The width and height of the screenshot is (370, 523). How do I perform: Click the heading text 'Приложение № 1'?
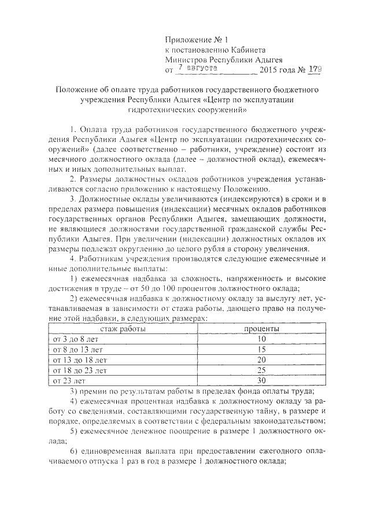[x=197, y=40]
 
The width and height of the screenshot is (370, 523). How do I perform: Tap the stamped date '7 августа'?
[x=197, y=68]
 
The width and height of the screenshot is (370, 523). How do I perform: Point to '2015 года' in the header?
[x=279, y=71]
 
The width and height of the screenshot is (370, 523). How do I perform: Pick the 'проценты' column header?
[x=261, y=328]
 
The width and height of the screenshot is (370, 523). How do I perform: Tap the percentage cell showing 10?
[x=261, y=339]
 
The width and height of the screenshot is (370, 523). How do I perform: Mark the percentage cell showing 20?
[x=261, y=359]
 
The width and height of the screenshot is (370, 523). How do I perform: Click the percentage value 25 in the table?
[x=261, y=370]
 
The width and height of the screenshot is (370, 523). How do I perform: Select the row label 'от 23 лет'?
[x=68, y=380]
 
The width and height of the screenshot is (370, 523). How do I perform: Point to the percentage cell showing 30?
[x=261, y=380]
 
